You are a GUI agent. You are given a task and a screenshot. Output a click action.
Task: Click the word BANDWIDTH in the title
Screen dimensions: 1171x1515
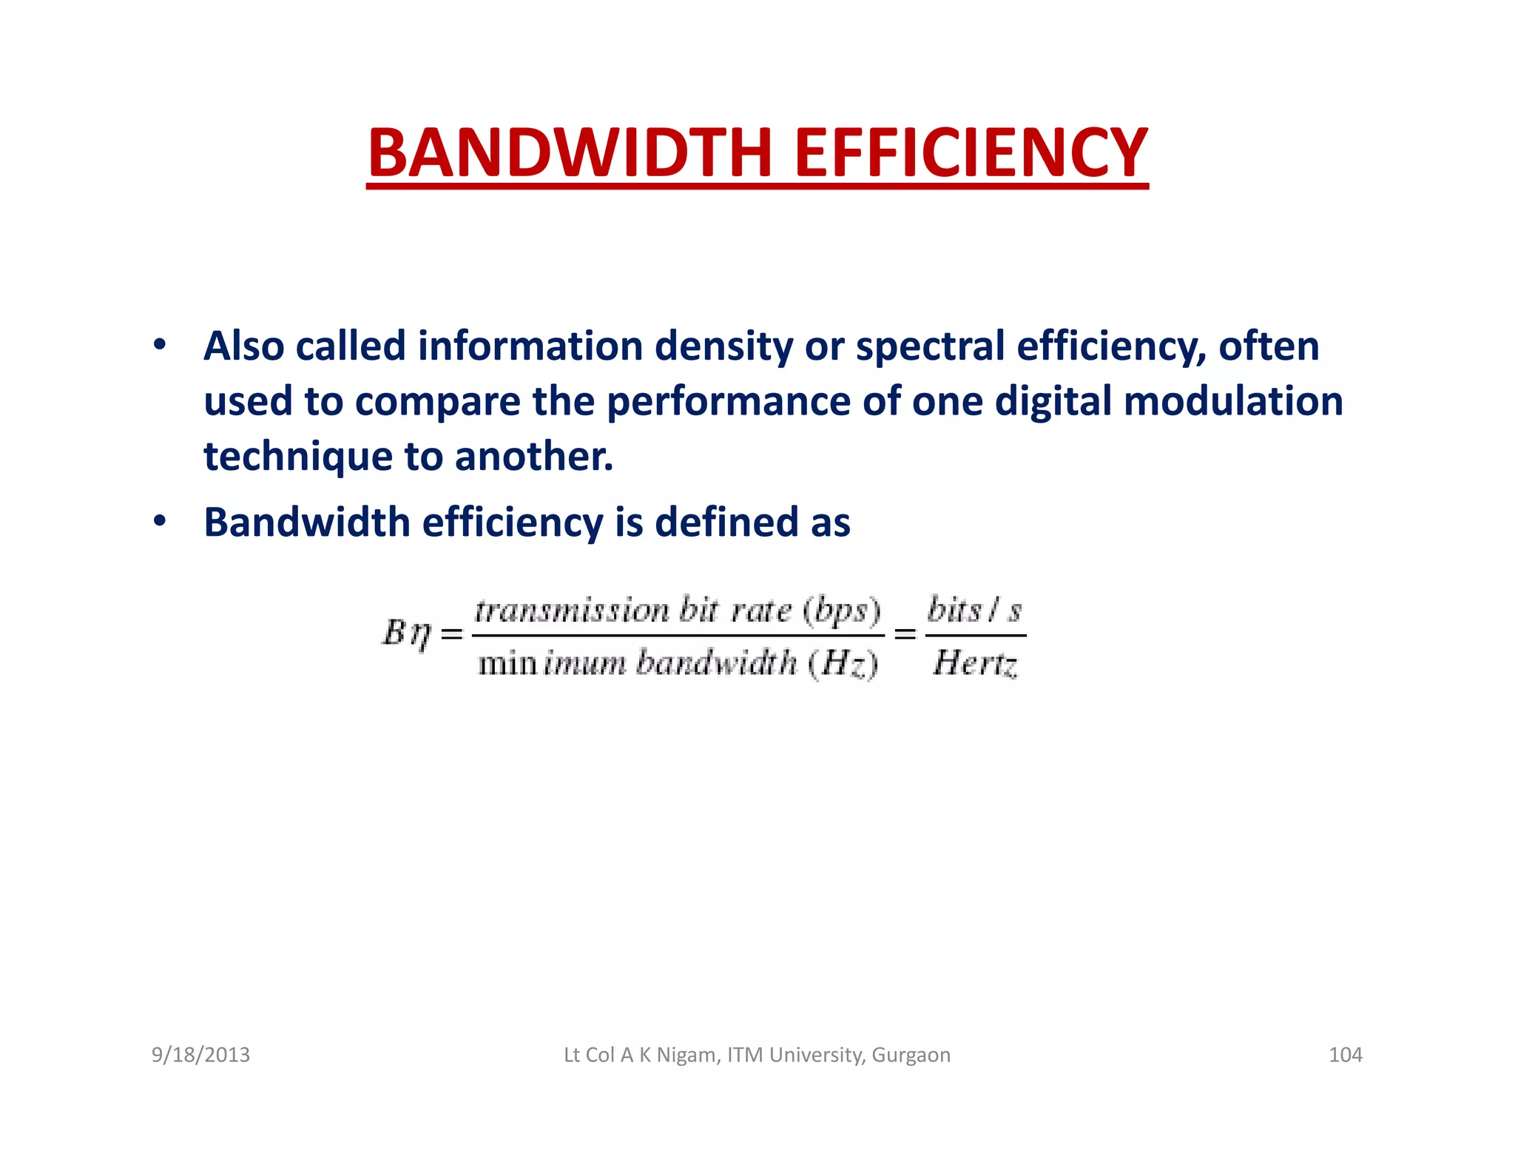tap(570, 153)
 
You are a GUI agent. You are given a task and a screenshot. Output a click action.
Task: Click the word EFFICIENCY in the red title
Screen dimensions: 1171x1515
tap(971, 153)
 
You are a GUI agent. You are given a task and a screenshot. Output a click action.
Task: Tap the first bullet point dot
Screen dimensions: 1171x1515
tap(159, 345)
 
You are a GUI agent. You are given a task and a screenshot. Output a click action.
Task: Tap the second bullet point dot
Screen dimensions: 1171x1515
tap(159, 521)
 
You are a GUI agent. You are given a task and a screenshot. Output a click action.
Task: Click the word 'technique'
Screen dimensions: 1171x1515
tap(297, 457)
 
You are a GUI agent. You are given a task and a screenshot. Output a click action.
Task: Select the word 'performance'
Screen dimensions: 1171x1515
tap(728, 402)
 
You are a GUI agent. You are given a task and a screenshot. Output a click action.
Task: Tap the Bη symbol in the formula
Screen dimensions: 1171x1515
tap(406, 634)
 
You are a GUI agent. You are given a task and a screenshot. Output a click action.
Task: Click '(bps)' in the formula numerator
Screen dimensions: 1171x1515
tap(843, 611)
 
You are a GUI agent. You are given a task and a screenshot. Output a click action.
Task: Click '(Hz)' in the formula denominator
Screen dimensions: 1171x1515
tap(843, 662)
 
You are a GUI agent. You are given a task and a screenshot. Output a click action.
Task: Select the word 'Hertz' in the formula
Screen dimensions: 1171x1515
tap(975, 662)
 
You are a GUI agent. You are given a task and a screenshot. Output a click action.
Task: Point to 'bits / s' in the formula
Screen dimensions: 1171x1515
tap(975, 611)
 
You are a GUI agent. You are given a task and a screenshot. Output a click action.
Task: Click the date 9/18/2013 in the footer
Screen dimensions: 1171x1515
tap(200, 1055)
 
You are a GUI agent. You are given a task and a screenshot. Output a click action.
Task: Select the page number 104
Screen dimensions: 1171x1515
tap(1345, 1055)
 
